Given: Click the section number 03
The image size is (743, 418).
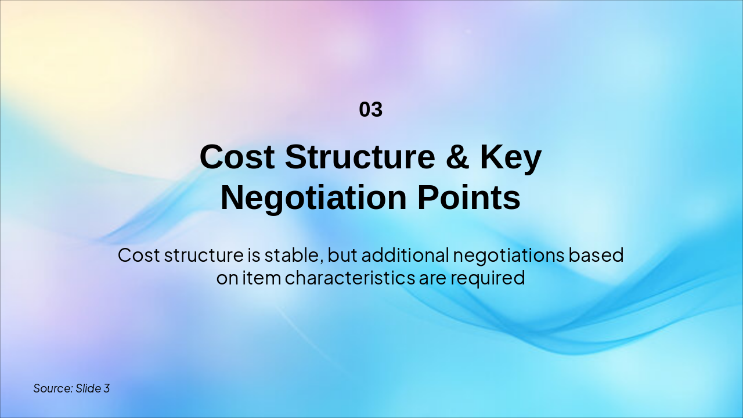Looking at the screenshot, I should click(371, 110).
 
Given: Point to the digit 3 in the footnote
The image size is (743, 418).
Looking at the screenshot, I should click(107, 388).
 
